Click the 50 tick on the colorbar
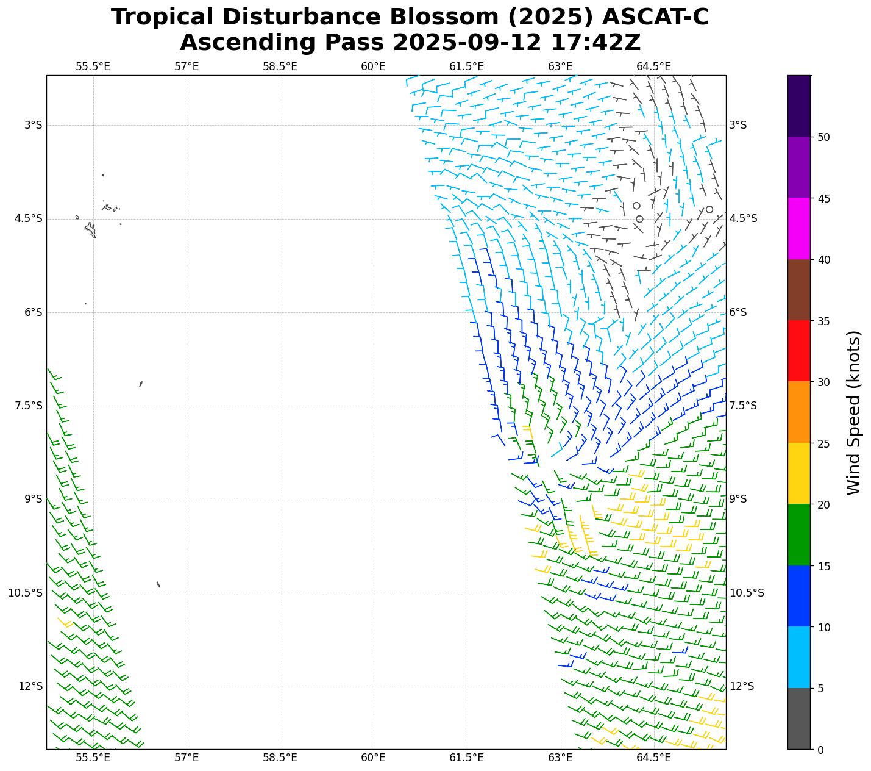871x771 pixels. pos(823,137)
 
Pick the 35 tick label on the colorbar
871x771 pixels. pos(823,321)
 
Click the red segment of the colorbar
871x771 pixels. pos(799,351)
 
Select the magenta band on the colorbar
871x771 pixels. pos(799,228)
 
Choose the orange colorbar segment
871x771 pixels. pos(799,412)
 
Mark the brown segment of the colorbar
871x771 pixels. pos(799,290)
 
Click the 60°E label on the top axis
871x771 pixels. pos(373,66)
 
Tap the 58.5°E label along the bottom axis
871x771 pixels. pos(280,758)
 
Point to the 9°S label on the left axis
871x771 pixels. pos(34,499)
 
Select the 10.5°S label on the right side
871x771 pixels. pos(747,593)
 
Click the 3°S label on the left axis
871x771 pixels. pos(34,125)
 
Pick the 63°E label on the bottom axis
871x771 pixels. pos(560,758)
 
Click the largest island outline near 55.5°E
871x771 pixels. pos(90,230)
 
